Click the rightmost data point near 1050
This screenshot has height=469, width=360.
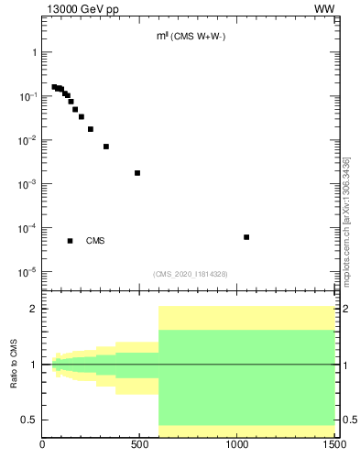[246, 237]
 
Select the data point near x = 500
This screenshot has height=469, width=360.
[137, 172]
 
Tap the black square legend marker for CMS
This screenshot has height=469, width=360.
[70, 241]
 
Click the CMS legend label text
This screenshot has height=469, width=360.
[95, 241]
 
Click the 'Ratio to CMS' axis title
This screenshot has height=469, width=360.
[14, 365]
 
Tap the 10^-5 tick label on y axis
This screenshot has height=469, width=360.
[27, 272]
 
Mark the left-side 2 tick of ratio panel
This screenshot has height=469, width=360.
[34, 309]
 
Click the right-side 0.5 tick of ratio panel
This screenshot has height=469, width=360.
[348, 420]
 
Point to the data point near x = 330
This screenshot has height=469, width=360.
[106, 147]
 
